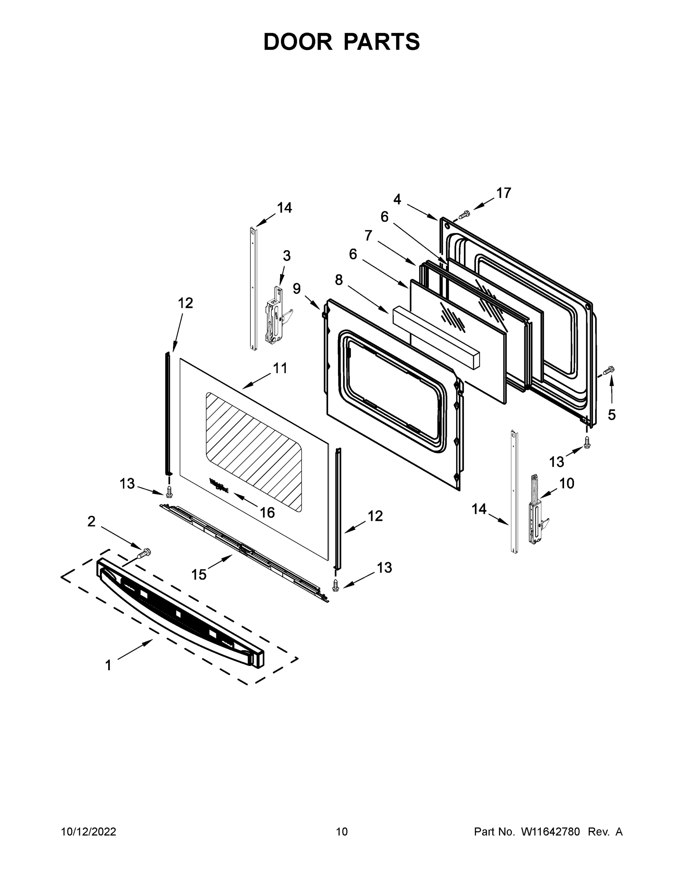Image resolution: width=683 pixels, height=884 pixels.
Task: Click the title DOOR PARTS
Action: tap(342, 42)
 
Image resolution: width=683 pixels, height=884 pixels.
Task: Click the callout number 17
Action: tap(504, 193)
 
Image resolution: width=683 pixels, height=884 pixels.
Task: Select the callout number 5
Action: tap(611, 414)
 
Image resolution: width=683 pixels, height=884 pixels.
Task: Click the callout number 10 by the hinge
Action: tap(567, 483)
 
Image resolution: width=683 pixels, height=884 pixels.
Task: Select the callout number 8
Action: tap(339, 279)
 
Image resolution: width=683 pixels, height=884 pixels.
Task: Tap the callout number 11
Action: tap(280, 368)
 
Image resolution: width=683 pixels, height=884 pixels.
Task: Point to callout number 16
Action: tap(267, 512)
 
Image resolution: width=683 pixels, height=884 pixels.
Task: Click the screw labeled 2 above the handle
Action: tap(144, 552)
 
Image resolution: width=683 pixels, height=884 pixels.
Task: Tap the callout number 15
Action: tap(199, 574)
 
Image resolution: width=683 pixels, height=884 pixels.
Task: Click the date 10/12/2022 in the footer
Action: tap(89, 832)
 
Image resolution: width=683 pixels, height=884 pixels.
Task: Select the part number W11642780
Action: tap(550, 832)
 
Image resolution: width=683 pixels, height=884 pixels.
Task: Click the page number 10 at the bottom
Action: tap(342, 832)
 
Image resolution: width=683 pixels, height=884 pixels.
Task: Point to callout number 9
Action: tap(297, 289)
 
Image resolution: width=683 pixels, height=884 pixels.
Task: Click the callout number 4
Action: tap(397, 199)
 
